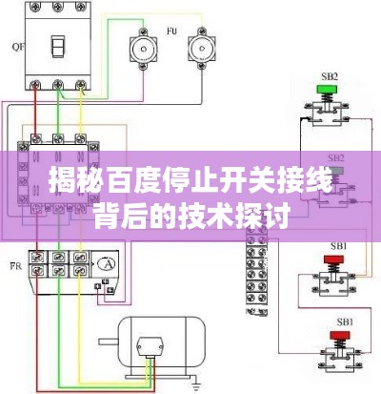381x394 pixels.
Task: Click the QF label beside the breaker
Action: coord(18,47)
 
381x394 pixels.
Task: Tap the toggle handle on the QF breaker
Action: coord(58,47)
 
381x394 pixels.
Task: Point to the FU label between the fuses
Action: coord(171,31)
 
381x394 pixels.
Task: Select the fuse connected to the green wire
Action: coord(143,49)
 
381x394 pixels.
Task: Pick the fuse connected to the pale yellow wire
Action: coord(202,49)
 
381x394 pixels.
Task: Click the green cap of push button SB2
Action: coord(328,90)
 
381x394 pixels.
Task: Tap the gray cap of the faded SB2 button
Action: coord(336,171)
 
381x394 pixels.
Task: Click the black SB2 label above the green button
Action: coord(330,76)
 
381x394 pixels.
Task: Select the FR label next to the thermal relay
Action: coord(16,266)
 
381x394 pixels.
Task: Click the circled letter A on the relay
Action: coord(107,263)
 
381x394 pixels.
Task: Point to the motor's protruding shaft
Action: coord(109,342)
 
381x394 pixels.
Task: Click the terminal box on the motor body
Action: coord(150,347)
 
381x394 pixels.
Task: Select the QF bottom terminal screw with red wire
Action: coord(35,85)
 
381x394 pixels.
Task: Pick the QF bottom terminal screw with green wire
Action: coord(58,85)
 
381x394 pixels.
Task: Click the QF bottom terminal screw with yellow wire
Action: coord(80,85)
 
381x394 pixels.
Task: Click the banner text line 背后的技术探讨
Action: coord(192,217)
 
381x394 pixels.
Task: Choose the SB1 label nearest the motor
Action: coord(345,322)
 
